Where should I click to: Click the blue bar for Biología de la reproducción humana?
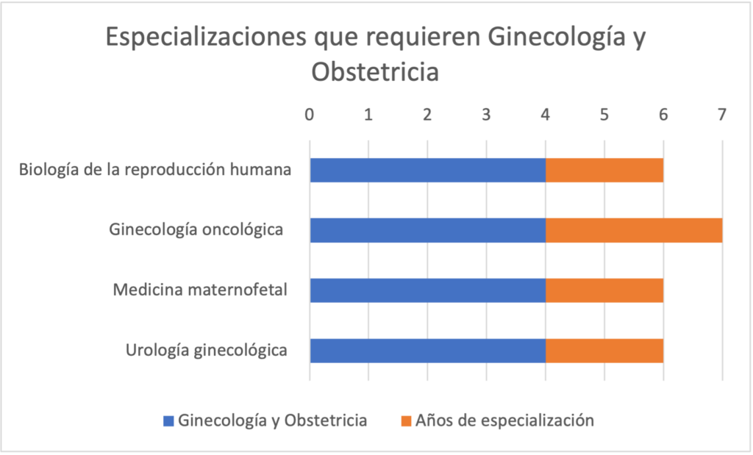427,171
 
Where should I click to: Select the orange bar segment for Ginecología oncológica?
633,231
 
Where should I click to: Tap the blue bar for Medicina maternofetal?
427,291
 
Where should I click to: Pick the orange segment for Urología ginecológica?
604,351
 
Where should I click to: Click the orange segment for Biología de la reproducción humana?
604,171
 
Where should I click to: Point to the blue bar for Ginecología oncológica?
427,231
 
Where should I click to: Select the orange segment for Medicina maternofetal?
604,291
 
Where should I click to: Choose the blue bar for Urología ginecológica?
427,351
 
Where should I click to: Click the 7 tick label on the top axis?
721,115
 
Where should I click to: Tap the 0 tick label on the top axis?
310,115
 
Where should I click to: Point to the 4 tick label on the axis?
545,115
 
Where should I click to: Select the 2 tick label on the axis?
427,115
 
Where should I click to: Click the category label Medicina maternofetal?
199,290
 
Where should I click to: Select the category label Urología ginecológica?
206,350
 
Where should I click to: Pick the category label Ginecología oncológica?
196,230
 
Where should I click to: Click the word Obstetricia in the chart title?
375,73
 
